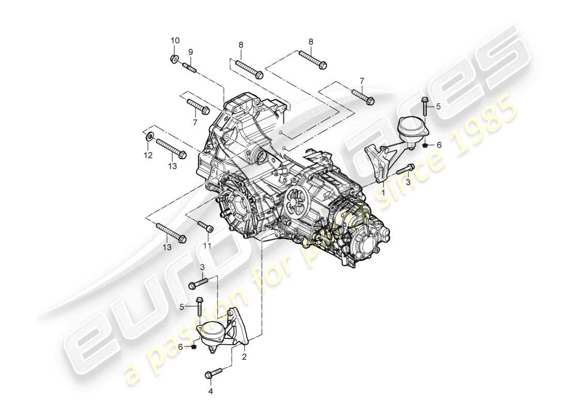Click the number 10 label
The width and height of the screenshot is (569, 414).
175,40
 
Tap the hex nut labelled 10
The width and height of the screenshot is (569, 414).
175,58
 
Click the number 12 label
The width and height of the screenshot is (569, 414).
148,155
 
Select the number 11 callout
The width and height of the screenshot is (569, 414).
207,245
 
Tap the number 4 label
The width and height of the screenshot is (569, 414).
210,391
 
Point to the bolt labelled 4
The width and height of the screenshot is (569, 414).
214,372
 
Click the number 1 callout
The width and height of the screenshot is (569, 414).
383,191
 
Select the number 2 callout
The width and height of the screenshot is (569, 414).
244,356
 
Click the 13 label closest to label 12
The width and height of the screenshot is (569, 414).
172,166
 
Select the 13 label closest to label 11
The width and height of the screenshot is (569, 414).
167,248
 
